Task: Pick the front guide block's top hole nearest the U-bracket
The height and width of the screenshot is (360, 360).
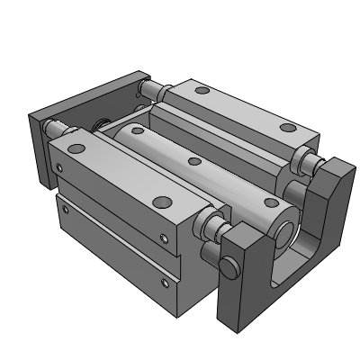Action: click(162, 202)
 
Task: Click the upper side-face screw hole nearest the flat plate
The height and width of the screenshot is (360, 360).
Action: click(59, 166)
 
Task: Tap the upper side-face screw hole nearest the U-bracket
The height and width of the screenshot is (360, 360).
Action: click(164, 238)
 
